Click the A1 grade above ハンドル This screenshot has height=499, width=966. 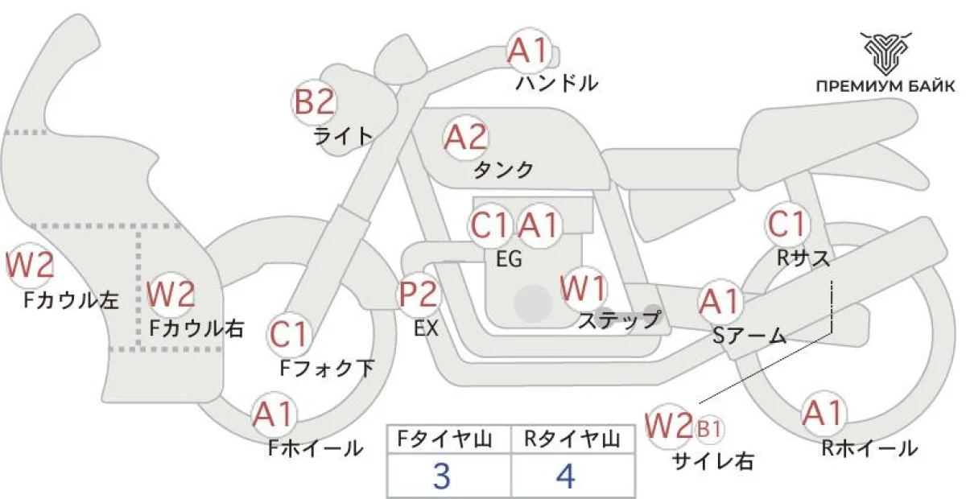pyautogui.click(x=529, y=52)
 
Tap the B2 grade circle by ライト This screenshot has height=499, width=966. pyautogui.click(x=313, y=102)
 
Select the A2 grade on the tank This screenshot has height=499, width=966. pyautogui.click(x=467, y=138)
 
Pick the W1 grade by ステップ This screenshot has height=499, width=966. pyautogui.click(x=584, y=288)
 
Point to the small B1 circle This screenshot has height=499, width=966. pyautogui.click(x=708, y=430)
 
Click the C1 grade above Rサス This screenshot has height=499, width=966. pyautogui.click(x=786, y=225)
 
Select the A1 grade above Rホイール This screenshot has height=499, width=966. pyautogui.click(x=824, y=414)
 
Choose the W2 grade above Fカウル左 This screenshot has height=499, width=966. pyautogui.click(x=30, y=265)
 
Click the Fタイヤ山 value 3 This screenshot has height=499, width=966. pyautogui.click(x=441, y=476)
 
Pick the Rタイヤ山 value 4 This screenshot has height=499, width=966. pyautogui.click(x=566, y=476)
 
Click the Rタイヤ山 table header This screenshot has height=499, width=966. pyautogui.click(x=572, y=439)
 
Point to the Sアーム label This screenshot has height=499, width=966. pyautogui.click(x=749, y=336)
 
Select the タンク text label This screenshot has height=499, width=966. pyautogui.click(x=503, y=170)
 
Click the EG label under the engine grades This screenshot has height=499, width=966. pyautogui.click(x=510, y=259)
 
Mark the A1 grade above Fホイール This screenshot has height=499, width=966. pyautogui.click(x=275, y=414)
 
